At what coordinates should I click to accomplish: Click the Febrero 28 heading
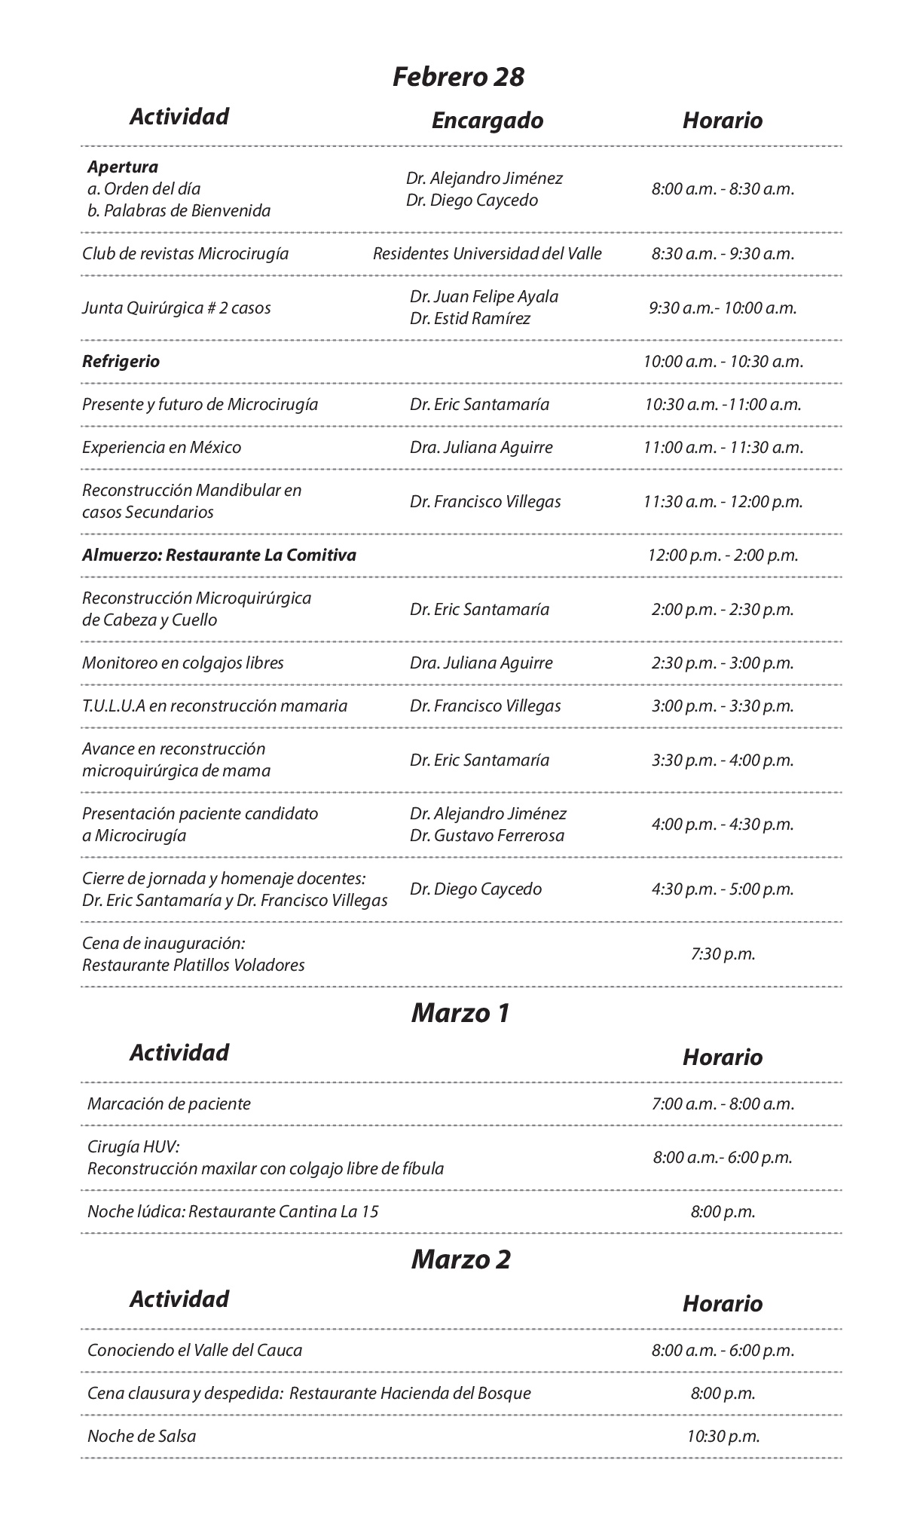[458, 77]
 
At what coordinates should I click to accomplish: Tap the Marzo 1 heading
[460, 1013]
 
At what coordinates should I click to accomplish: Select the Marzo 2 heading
[460, 1259]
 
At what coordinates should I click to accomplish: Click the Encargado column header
[487, 121]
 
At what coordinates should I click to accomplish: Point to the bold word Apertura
[123, 167]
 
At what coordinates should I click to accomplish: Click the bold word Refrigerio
[121, 361]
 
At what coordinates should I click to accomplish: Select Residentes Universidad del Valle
[487, 253]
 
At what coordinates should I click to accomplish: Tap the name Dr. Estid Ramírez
[470, 318]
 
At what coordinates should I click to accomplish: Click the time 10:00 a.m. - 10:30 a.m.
[723, 361]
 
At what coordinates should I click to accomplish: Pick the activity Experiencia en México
[161, 447]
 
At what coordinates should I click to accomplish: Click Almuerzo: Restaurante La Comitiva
[219, 555]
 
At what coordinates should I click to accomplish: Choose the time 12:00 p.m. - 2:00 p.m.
[723, 555]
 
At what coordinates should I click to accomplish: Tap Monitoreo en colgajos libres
[182, 663]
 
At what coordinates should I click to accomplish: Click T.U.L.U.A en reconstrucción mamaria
[215, 705]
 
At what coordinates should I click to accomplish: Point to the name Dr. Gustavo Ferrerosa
[487, 835]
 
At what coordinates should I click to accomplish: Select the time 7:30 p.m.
[723, 953]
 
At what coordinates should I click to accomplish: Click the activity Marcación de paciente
[169, 1103]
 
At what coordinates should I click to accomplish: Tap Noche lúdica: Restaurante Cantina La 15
[233, 1211]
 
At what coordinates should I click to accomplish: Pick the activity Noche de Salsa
[142, 1436]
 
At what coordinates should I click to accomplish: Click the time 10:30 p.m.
[723, 1436]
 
